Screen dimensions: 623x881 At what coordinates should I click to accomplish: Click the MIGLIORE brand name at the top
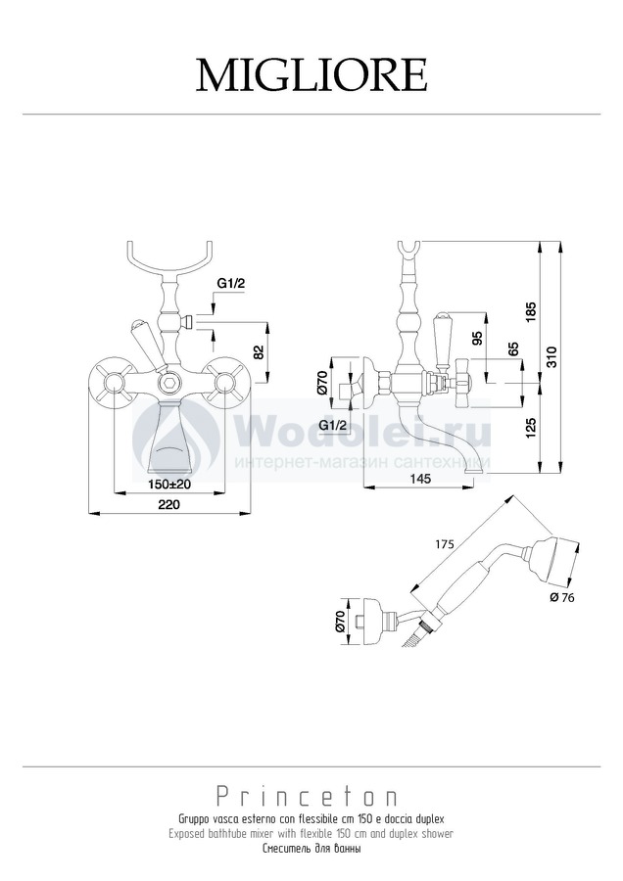(x=311, y=75)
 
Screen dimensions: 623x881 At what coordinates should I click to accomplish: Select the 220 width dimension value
(x=168, y=504)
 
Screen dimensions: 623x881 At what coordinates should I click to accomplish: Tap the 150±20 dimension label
(x=169, y=485)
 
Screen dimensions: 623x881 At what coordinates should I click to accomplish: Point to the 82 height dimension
(x=259, y=352)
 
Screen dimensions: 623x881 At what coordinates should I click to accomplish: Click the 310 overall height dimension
(x=551, y=357)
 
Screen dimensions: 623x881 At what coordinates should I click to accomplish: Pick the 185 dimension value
(x=532, y=313)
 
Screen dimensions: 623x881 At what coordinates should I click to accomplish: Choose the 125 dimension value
(x=532, y=427)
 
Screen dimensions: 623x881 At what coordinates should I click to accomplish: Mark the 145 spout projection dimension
(x=420, y=478)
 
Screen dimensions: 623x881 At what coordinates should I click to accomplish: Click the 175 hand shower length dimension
(x=444, y=545)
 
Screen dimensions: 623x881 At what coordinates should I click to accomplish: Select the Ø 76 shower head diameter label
(x=562, y=597)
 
